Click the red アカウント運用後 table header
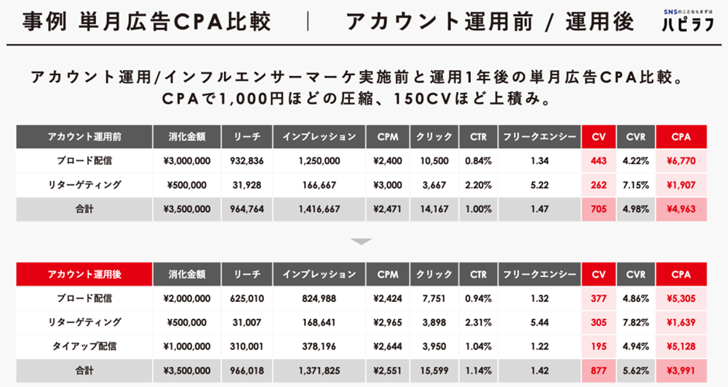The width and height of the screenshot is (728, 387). point(84,274)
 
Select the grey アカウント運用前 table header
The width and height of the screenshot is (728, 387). point(84,137)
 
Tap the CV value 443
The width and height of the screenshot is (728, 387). point(597,161)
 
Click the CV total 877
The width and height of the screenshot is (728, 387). point(597,370)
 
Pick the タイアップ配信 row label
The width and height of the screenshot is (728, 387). point(84,346)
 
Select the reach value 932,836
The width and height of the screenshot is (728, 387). point(247,161)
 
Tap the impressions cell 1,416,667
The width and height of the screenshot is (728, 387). point(318,209)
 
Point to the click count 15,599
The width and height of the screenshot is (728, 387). point(434,370)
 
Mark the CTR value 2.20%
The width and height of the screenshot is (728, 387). point(478,185)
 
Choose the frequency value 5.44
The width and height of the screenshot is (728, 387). point(540,322)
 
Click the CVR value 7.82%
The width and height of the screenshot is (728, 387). point(635,322)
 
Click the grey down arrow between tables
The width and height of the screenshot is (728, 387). point(361,241)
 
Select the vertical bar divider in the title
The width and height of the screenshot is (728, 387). point(308,21)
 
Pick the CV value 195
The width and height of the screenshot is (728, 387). point(597,346)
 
